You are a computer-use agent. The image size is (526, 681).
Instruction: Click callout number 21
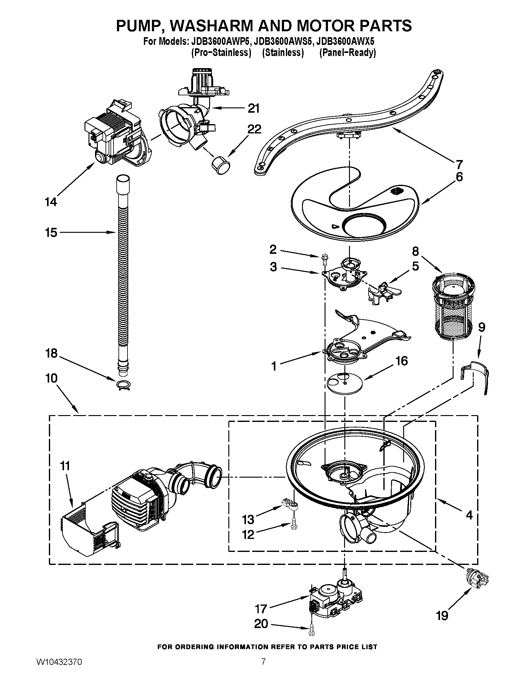[253, 109]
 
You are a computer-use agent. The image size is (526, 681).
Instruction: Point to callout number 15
[51, 232]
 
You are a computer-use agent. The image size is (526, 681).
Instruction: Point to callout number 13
[248, 519]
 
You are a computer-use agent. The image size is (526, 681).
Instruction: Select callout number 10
[51, 379]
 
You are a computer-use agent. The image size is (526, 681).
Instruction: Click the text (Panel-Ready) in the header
[347, 53]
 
